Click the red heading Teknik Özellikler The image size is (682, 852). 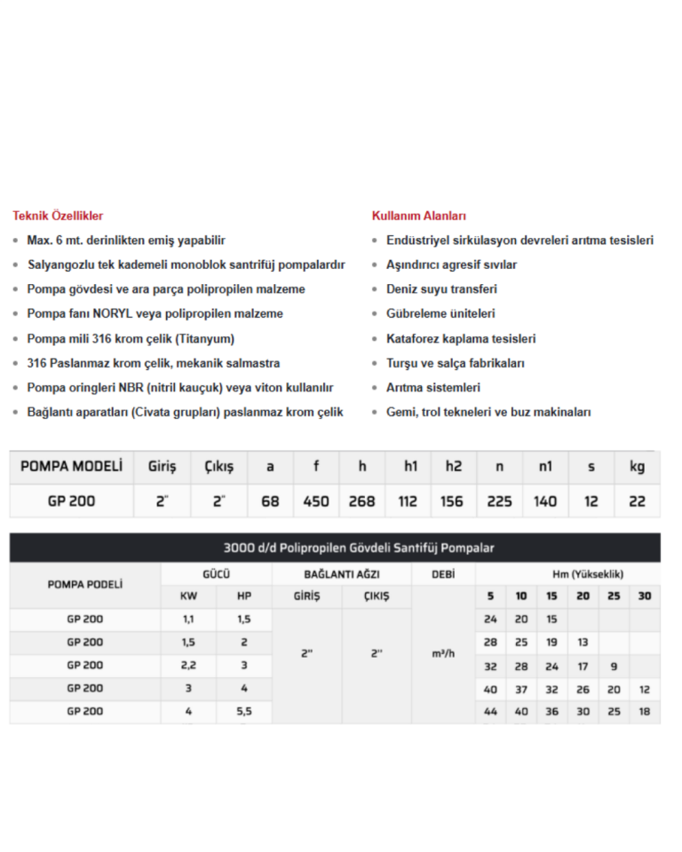point(58,216)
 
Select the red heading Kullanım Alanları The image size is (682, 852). point(419,216)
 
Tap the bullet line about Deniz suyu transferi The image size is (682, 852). point(441,289)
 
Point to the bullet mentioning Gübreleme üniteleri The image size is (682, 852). point(440,313)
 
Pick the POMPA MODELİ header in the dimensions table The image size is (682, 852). point(71,466)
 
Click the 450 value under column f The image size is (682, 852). point(316,501)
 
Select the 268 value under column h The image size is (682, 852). point(361,501)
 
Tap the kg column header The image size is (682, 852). point(637,466)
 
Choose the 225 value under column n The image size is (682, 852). point(500,501)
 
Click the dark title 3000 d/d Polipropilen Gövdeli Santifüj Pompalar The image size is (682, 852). point(335,548)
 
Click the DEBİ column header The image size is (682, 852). point(443,574)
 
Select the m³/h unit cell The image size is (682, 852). point(443,654)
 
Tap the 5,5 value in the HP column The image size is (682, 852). point(243,711)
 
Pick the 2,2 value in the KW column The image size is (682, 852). point(188,665)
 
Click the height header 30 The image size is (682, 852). point(645,596)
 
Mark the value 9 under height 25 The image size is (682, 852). point(614,665)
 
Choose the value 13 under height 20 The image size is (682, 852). point(583,642)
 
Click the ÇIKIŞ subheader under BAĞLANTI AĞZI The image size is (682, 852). point(376,596)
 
